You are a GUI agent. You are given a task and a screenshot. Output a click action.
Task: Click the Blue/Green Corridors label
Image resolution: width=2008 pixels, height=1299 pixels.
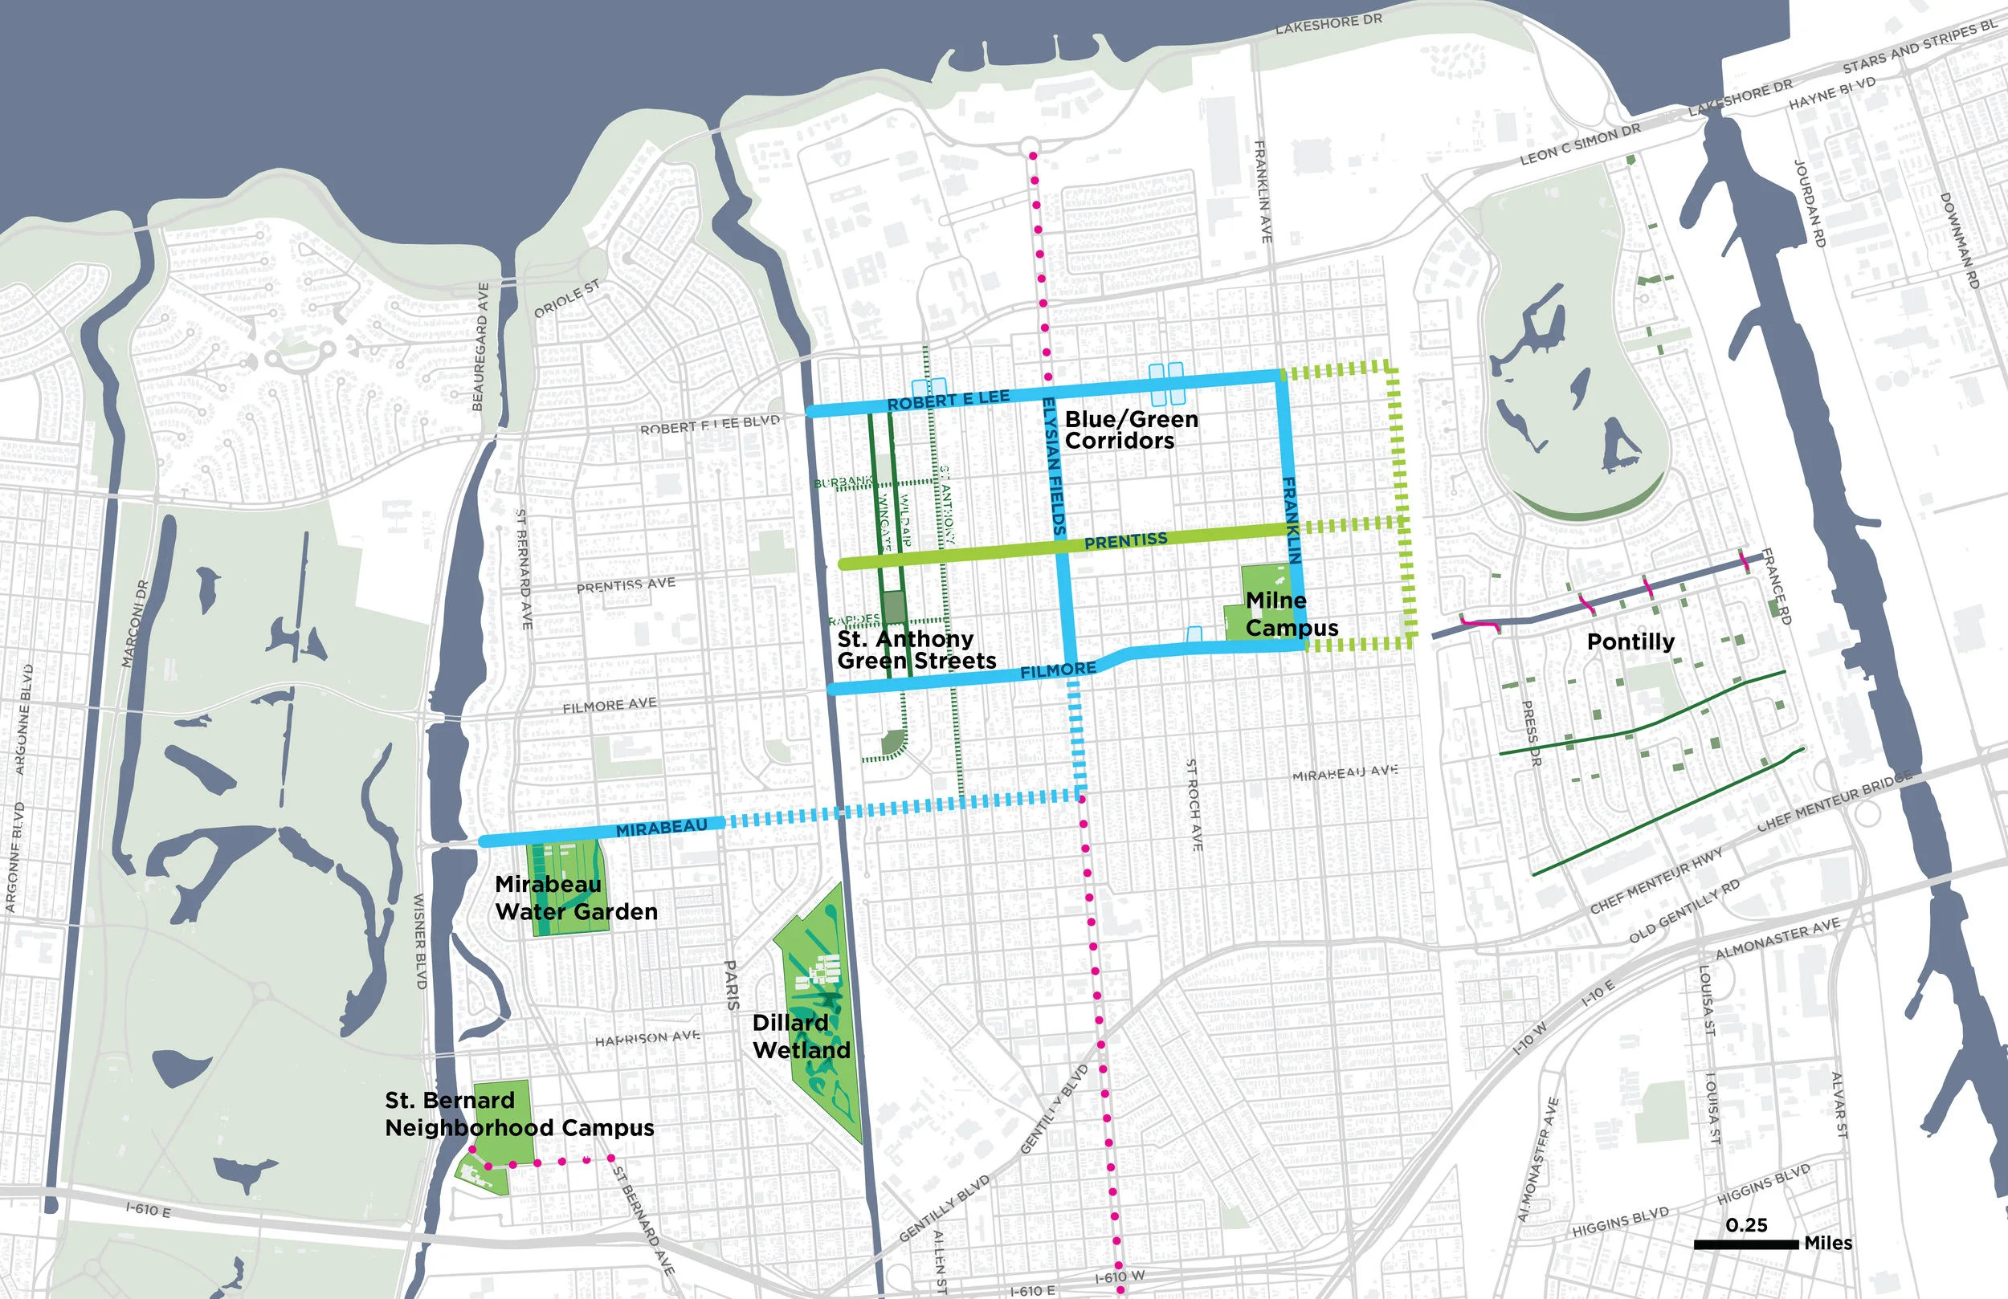(x=1130, y=430)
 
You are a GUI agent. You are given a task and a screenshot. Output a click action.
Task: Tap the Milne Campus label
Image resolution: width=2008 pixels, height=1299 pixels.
(x=1290, y=614)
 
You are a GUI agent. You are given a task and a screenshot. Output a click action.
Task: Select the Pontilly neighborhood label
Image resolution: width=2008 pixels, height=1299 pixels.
(x=1630, y=642)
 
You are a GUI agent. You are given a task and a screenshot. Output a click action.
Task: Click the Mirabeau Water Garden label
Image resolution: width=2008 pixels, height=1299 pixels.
(x=575, y=898)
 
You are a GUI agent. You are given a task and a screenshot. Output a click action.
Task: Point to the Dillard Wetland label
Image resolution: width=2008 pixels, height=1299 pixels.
(x=801, y=1036)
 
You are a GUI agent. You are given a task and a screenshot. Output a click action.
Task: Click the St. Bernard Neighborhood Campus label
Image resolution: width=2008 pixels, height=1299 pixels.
(x=519, y=1114)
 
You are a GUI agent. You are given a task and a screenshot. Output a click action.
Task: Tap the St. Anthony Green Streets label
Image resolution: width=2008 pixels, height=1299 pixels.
(x=916, y=650)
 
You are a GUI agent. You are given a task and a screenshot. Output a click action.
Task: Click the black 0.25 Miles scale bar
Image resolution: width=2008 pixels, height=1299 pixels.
(x=1745, y=1244)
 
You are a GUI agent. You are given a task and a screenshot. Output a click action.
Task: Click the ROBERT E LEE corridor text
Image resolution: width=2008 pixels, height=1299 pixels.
(x=948, y=401)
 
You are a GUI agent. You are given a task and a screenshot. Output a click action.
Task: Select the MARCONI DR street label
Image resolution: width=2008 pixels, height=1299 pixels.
(x=134, y=624)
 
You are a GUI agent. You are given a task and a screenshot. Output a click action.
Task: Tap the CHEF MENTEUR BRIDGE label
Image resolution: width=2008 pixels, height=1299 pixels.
(x=1833, y=802)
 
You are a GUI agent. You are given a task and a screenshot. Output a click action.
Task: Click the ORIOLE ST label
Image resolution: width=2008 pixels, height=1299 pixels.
(x=566, y=299)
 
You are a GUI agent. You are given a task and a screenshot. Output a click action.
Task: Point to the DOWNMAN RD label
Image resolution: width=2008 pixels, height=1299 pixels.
(x=1957, y=240)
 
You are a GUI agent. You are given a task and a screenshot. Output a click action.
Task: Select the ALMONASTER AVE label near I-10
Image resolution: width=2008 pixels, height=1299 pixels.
(x=1777, y=939)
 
